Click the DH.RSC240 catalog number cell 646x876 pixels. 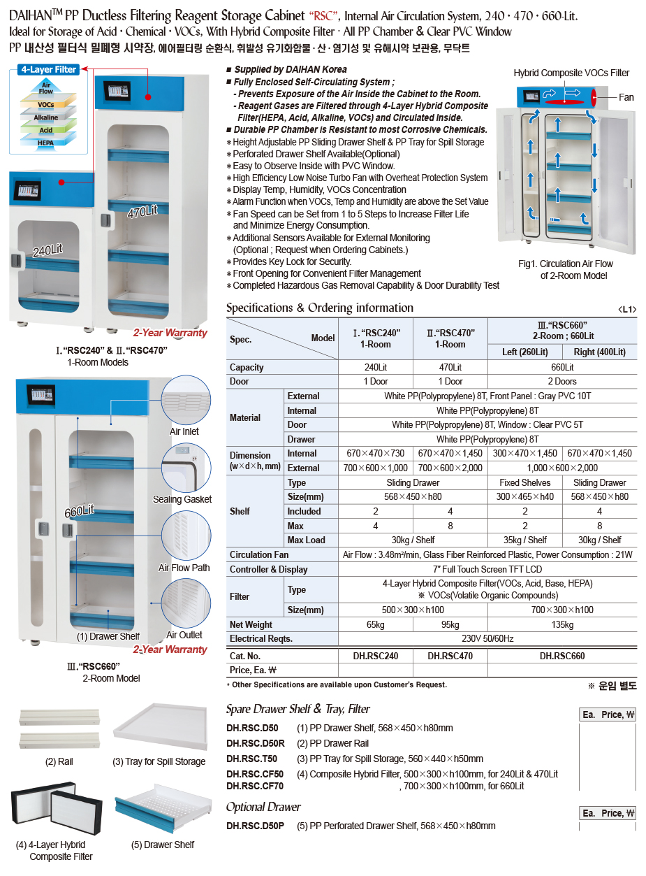pyautogui.click(x=376, y=656)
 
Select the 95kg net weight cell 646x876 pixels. pyautogui.click(x=450, y=624)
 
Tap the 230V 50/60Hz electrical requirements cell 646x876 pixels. pyautogui.click(x=487, y=638)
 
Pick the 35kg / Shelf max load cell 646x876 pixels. pyautogui.click(x=525, y=540)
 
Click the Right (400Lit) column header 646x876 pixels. pyautogui.click(x=599, y=352)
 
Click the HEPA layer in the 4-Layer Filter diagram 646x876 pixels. pyautogui.click(x=45, y=142)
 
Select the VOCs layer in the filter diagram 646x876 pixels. pyautogui.click(x=45, y=105)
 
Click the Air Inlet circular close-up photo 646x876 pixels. pyautogui.click(x=185, y=400)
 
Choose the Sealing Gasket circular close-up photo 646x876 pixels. pyautogui.click(x=185, y=467)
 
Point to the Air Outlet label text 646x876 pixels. pyautogui.click(x=184, y=635)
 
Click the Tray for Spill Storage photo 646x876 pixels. pyautogui.click(x=161, y=727)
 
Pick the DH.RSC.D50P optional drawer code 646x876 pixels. pyautogui.click(x=255, y=826)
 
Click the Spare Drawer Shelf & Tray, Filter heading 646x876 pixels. pyautogui.click(x=298, y=709)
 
